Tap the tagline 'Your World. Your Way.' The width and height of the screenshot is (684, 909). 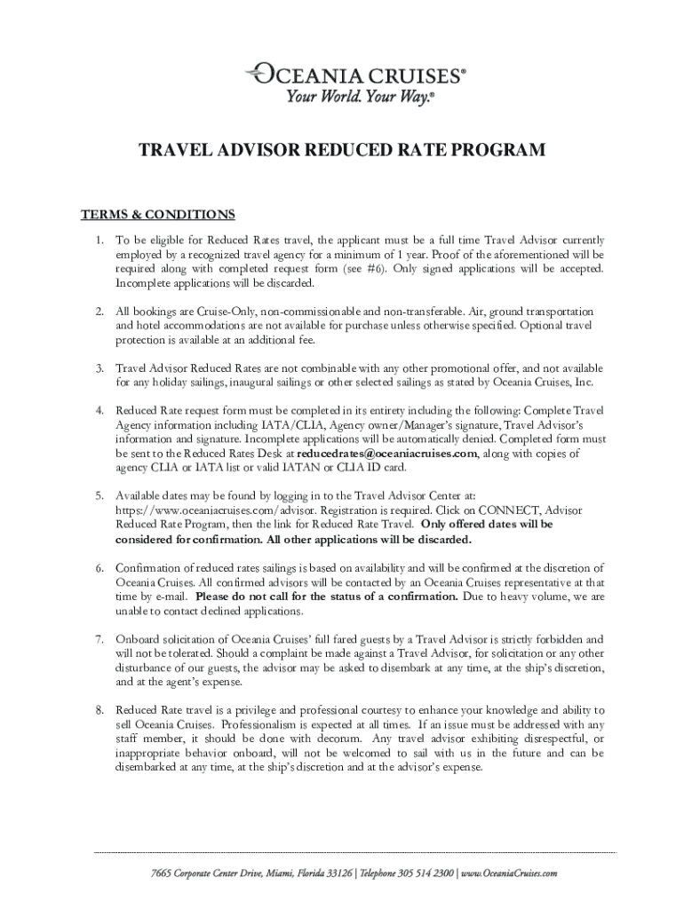click(x=360, y=97)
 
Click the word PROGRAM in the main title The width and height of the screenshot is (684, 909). click(x=497, y=151)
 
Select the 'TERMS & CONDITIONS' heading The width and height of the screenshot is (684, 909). click(x=158, y=215)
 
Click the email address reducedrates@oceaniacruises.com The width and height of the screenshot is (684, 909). click(x=386, y=454)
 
